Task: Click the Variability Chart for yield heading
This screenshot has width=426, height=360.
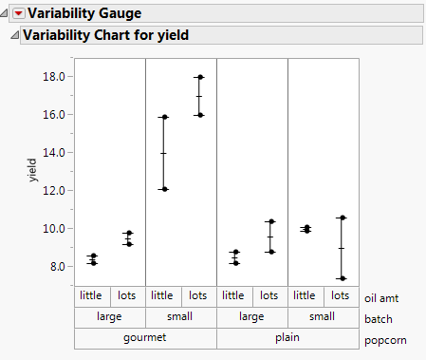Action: tap(105, 35)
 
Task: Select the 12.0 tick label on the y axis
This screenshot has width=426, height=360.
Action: tap(53, 190)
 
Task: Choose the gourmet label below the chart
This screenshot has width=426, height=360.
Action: tap(145, 338)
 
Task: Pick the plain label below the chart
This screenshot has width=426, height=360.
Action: tap(287, 338)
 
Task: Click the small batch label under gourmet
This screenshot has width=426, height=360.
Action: tap(181, 317)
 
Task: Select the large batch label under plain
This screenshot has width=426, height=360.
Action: tap(252, 317)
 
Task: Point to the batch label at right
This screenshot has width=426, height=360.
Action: tap(379, 318)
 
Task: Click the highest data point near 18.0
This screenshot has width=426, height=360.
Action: tap(199, 77)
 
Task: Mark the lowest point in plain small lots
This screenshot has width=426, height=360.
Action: tap(342, 278)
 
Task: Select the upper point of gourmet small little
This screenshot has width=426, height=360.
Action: tap(164, 117)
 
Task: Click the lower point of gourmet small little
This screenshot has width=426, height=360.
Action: tap(164, 189)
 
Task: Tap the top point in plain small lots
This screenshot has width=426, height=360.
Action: tap(342, 218)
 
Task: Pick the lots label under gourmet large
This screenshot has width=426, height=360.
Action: tap(127, 295)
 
